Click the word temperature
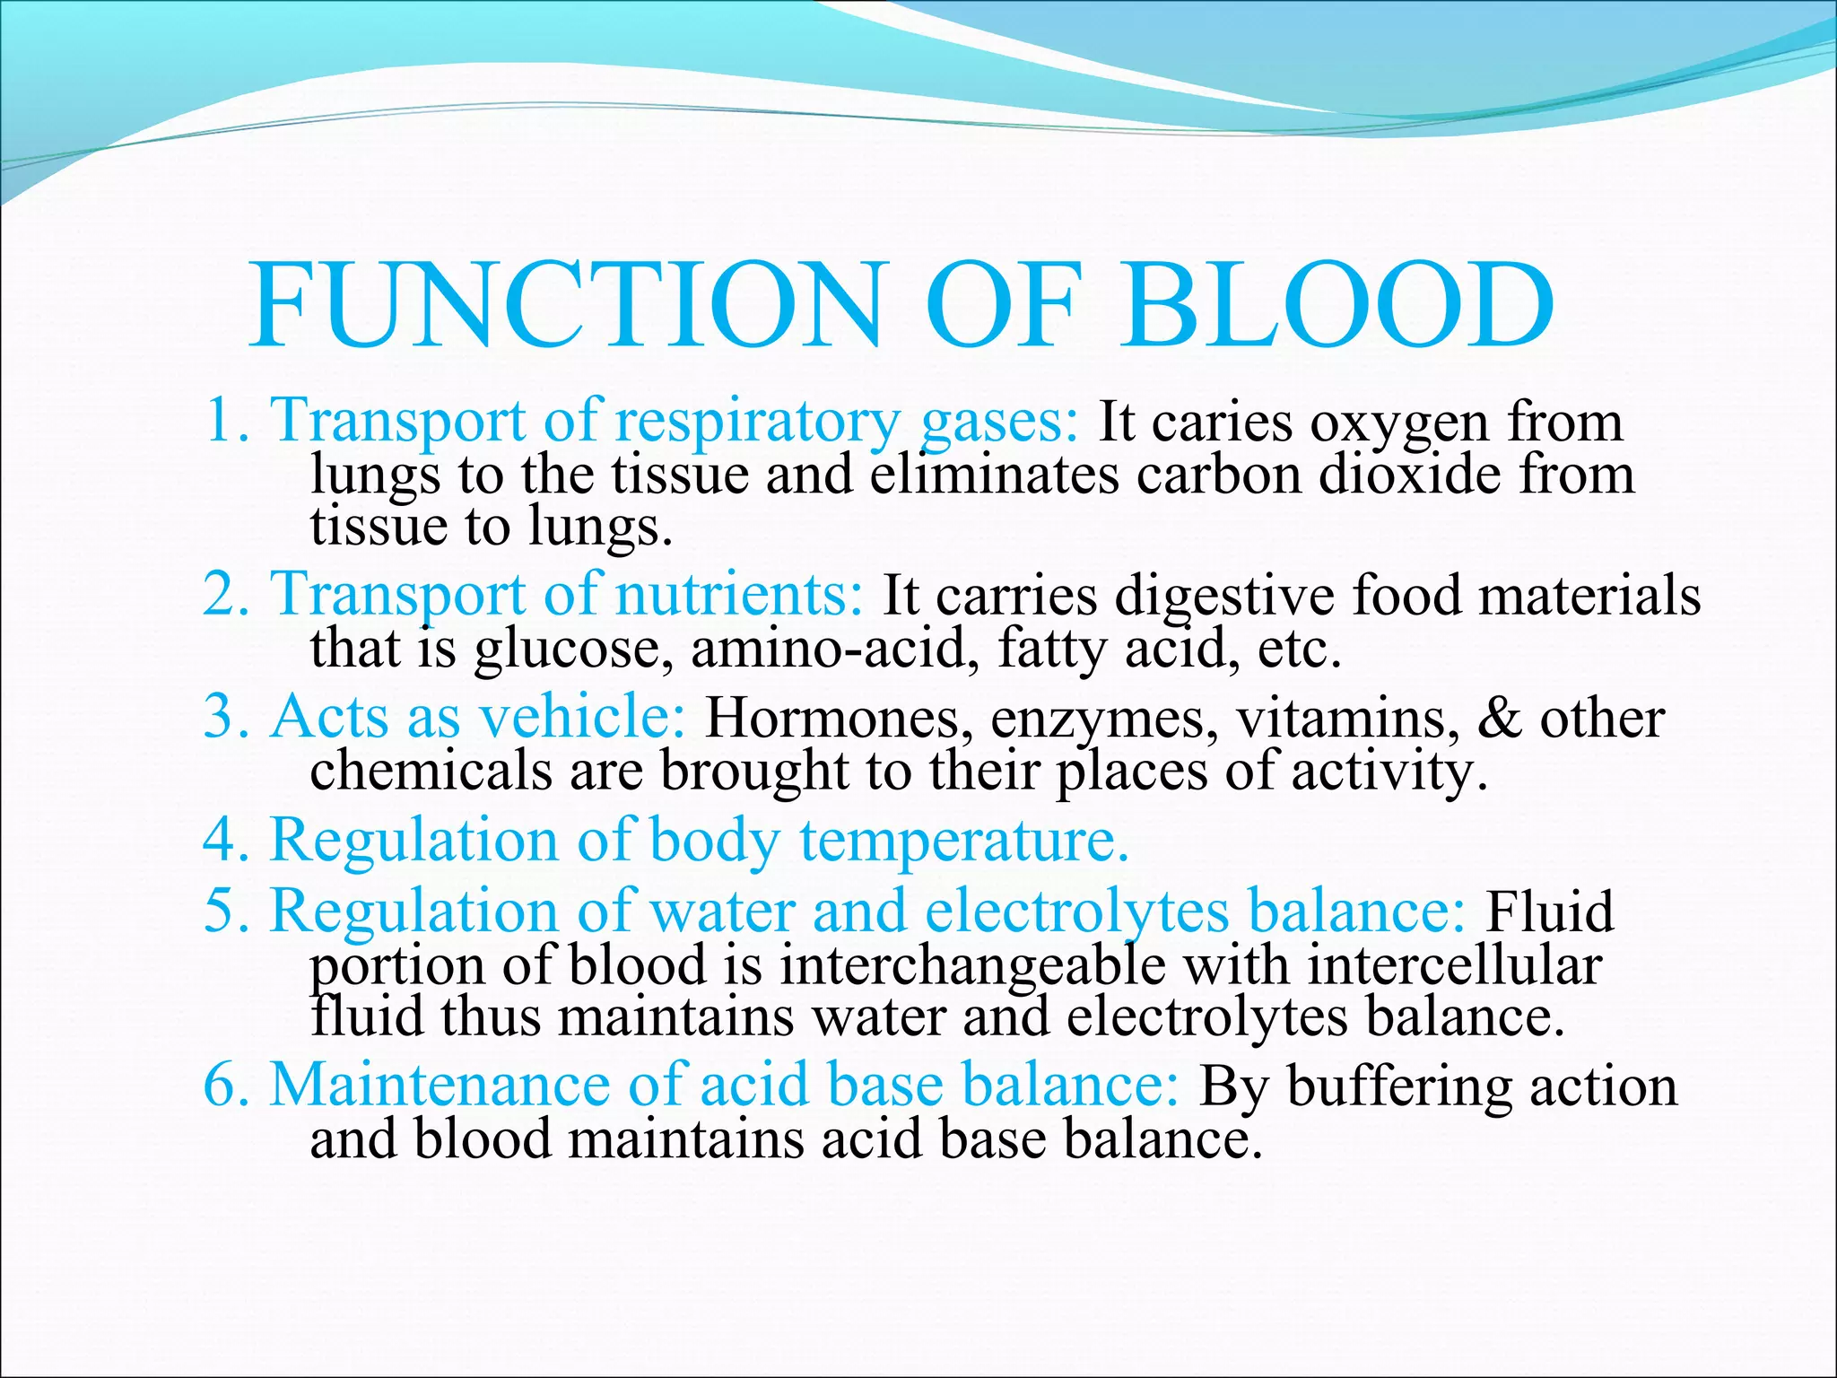pos(963,842)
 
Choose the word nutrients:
pos(739,595)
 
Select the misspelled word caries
pos(1222,423)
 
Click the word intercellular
pos(1454,967)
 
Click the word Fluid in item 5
pos(1549,912)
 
